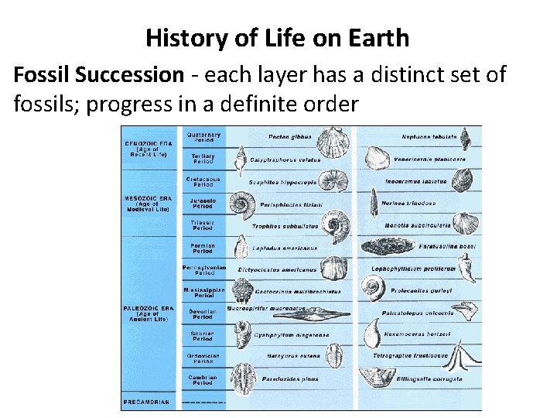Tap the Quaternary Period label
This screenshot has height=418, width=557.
coord(203,138)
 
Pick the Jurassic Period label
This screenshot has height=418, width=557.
coord(203,204)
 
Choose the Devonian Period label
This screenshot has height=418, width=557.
coord(203,314)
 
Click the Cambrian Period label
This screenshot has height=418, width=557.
coord(203,380)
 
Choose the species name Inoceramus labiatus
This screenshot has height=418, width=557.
coord(416,181)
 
